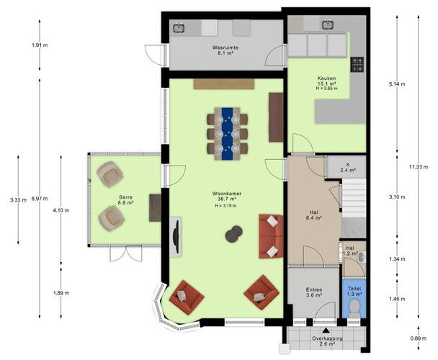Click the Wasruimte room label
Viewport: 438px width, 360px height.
[225, 50]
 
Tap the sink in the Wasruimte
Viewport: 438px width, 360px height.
[179, 28]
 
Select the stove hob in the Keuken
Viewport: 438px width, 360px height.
[357, 65]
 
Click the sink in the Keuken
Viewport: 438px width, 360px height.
[327, 25]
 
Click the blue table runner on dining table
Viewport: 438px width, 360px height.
[227, 133]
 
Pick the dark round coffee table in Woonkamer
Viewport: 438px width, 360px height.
[233, 233]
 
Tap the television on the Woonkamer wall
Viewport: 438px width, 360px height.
[176, 236]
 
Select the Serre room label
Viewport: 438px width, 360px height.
[125, 200]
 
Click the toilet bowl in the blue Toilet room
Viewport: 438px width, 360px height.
[354, 308]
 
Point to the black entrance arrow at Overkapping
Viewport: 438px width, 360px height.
[326, 330]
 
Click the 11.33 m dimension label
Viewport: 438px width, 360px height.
[419, 167]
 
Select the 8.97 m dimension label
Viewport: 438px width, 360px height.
[40, 199]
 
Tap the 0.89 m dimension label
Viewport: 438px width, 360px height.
[419, 338]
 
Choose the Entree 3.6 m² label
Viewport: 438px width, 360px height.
[314, 292]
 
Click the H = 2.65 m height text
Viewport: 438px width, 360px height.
[326, 89]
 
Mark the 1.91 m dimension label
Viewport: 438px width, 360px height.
[40, 45]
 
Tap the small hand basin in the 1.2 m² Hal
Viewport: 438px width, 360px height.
[362, 257]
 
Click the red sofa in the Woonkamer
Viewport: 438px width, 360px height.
[270, 236]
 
